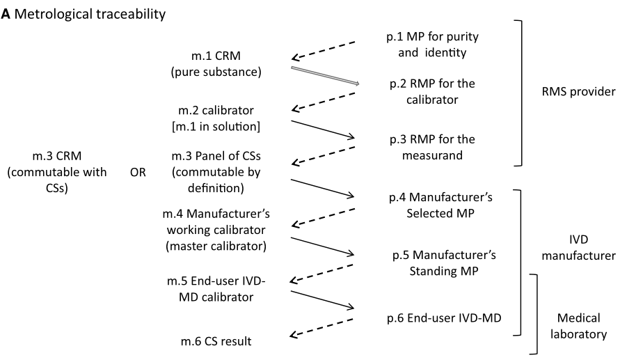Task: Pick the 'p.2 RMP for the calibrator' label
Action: point(427,92)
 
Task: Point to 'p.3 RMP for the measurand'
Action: point(426,147)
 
